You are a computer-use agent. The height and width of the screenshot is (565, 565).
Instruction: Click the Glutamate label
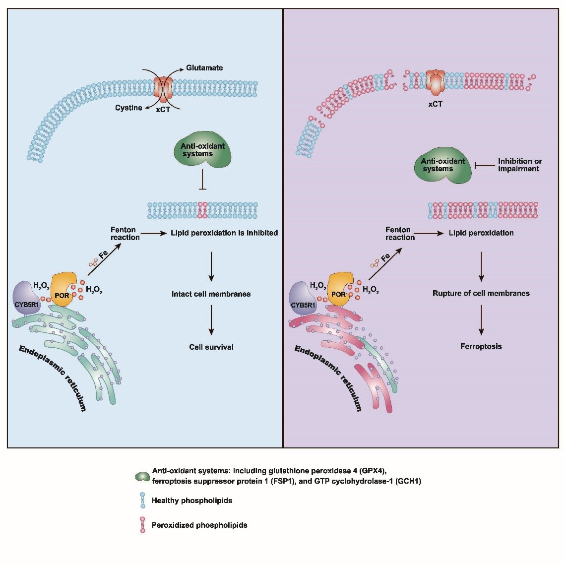tap(204, 68)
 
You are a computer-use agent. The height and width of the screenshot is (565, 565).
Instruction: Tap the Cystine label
tap(128, 108)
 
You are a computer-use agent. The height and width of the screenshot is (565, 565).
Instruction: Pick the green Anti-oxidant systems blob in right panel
tap(443, 165)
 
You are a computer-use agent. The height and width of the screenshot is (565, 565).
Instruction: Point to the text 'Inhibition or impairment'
tap(519, 165)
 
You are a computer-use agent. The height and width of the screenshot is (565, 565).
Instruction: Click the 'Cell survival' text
tap(211, 347)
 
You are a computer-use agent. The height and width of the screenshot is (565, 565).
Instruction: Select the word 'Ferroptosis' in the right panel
tap(481, 346)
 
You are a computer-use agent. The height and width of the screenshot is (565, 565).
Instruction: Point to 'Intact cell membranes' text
tap(211, 294)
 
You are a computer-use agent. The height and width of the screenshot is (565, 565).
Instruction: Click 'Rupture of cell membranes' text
tap(481, 293)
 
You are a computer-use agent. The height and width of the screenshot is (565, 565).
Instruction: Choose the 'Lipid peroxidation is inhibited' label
tap(224, 233)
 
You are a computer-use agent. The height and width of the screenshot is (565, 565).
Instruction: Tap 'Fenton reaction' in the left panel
tap(125, 233)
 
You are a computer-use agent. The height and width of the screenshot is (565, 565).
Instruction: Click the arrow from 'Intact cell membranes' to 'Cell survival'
tap(211, 320)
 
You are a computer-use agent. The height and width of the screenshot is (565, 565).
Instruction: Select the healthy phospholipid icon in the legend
tap(142, 501)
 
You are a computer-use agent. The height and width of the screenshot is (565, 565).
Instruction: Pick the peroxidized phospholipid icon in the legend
tap(143, 525)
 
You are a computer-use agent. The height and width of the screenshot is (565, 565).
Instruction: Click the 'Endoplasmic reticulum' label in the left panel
tap(53, 378)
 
